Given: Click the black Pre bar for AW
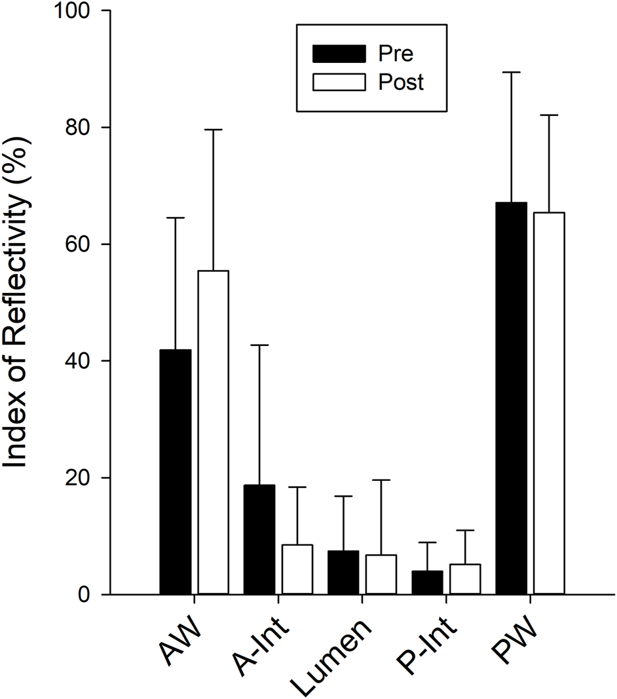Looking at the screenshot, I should pyautogui.click(x=176, y=472).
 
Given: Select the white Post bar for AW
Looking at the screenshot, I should pyautogui.click(x=214, y=432).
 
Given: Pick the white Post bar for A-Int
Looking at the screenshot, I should pyautogui.click(x=297, y=569).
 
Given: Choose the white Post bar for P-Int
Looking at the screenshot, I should pyautogui.click(x=465, y=579).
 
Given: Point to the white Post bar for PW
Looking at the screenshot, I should pyautogui.click(x=549, y=403).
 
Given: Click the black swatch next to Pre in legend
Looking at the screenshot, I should pyautogui.click(x=339, y=52).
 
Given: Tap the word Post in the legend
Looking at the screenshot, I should pyautogui.click(x=402, y=83).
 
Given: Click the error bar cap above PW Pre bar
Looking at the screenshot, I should pyautogui.click(x=511, y=72).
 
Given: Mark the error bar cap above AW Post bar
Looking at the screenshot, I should pyautogui.click(x=214, y=130).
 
